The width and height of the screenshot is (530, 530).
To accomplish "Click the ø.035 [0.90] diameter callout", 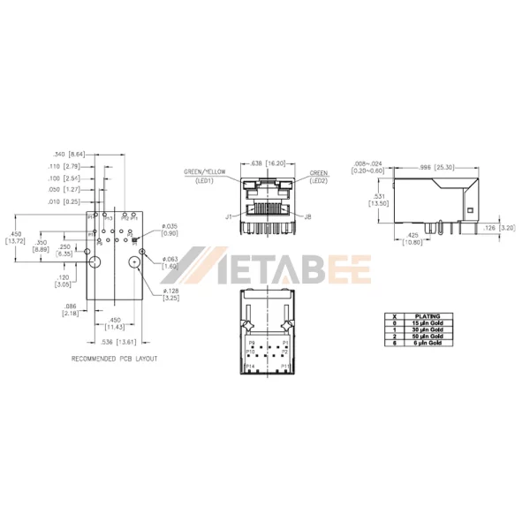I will [x=170, y=230].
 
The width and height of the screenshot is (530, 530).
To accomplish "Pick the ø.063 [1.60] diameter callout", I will [x=170, y=262].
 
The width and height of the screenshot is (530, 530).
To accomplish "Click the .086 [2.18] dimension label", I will [x=72, y=309].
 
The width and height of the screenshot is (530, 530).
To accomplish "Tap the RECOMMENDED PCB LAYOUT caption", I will [x=115, y=360].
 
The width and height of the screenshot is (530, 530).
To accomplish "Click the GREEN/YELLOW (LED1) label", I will [x=205, y=175].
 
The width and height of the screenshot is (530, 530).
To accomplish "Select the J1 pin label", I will [x=228, y=215].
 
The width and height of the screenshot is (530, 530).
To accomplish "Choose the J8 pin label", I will [x=307, y=215].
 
